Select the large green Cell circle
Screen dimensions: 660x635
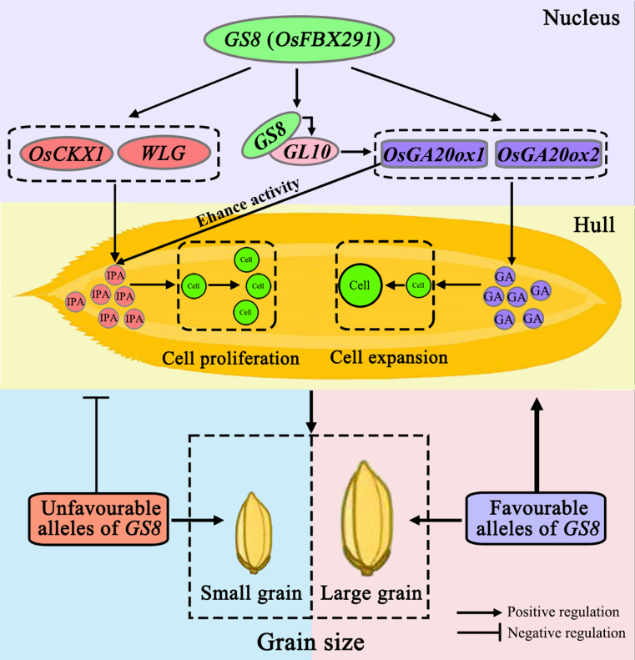point(360,285)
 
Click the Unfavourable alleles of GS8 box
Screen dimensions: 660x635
point(98,518)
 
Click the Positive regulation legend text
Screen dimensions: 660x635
point(565,613)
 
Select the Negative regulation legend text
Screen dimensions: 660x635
point(567,632)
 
